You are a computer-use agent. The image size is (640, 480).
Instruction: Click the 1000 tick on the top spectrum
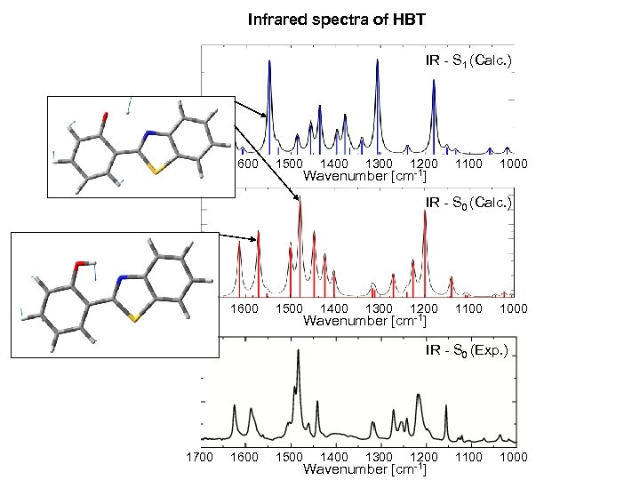click(x=513, y=164)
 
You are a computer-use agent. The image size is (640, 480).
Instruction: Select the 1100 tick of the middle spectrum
click(x=468, y=308)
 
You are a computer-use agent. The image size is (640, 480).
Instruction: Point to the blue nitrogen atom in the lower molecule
click(x=118, y=280)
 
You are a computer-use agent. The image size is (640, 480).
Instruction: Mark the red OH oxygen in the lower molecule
click(x=79, y=264)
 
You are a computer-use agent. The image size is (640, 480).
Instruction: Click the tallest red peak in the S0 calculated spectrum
click(x=300, y=201)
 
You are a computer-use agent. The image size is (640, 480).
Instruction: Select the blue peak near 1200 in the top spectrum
click(x=434, y=83)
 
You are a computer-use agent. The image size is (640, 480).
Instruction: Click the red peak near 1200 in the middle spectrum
click(x=424, y=228)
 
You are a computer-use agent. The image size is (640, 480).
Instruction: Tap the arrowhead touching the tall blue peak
click(x=265, y=117)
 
